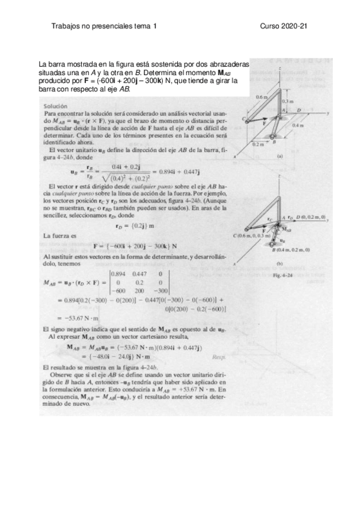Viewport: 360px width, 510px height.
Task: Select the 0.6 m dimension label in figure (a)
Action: click(261, 96)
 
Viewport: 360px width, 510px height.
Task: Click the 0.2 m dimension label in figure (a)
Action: click(258, 144)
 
